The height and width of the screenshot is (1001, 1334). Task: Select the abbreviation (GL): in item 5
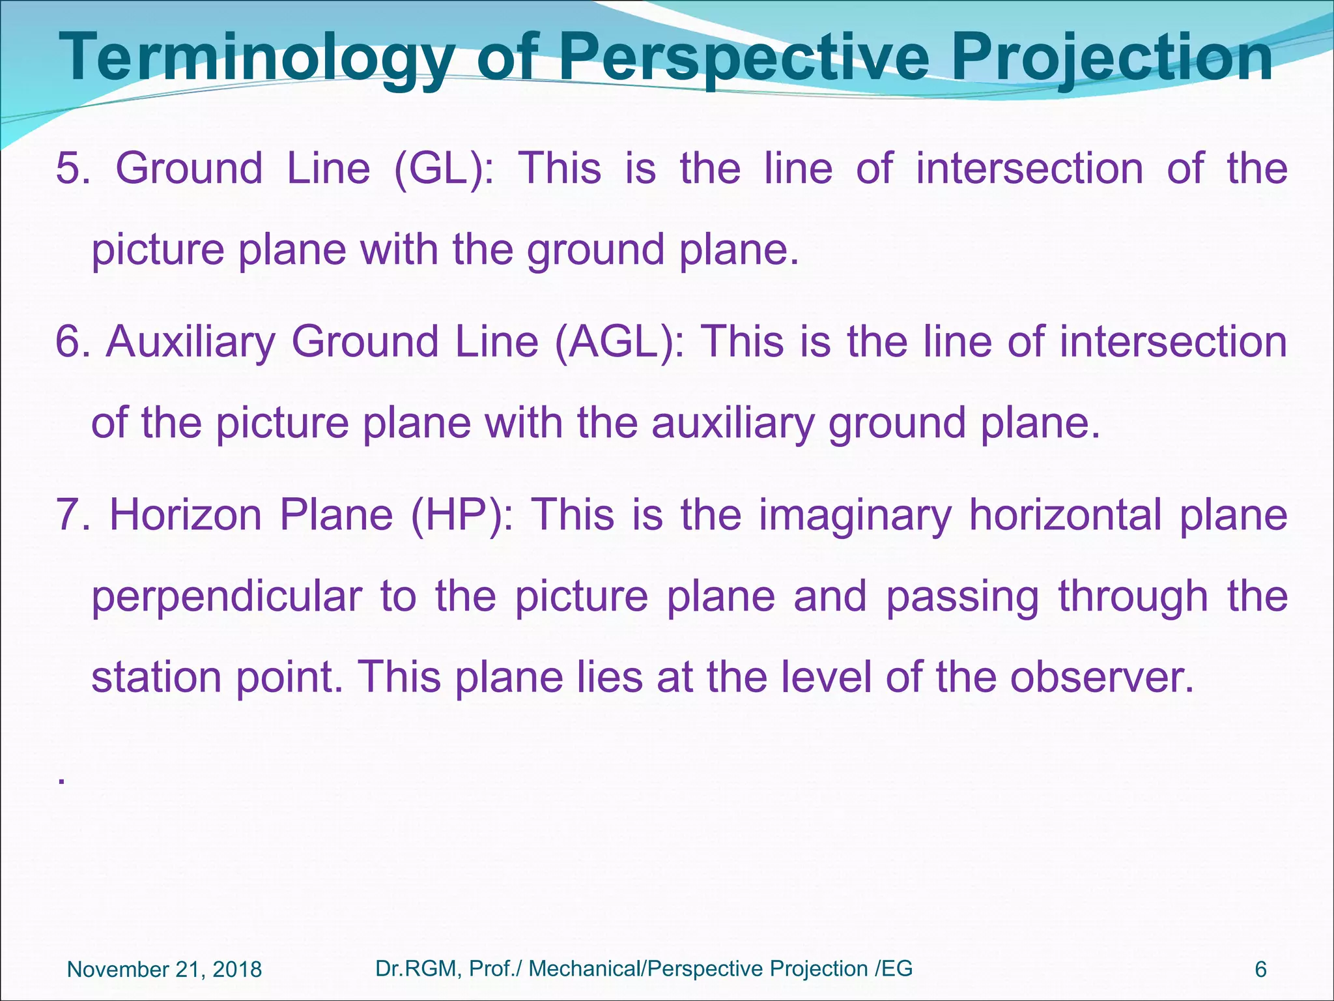click(444, 169)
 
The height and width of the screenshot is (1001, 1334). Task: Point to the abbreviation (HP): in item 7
click(462, 515)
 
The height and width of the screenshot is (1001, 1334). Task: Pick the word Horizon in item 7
click(186, 515)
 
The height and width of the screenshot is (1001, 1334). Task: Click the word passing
click(962, 597)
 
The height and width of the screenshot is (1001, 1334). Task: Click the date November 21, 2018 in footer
click(164, 970)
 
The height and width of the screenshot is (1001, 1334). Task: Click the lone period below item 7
click(61, 781)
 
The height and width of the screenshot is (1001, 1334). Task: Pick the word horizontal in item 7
click(1065, 515)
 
